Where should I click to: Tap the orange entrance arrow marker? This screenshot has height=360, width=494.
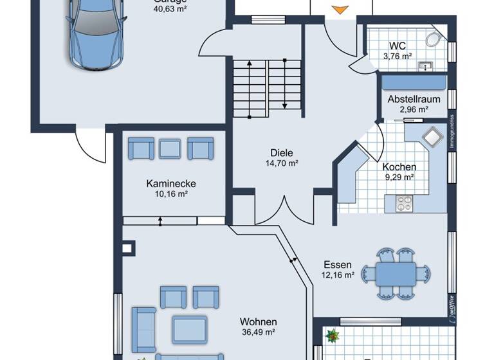click(x=338, y=9)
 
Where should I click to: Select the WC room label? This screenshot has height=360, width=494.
click(x=397, y=46)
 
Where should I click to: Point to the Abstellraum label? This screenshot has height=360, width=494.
click(x=414, y=99)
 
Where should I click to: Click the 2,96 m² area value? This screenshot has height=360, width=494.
click(x=414, y=109)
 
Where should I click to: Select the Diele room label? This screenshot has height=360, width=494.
click(x=282, y=153)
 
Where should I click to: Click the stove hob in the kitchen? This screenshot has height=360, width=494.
click(x=405, y=204)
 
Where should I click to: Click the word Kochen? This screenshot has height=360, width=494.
click(x=399, y=166)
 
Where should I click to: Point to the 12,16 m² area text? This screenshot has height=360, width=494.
click(x=338, y=275)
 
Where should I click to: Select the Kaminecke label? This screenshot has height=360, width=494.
click(x=170, y=183)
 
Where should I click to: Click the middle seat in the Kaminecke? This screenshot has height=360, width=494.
click(x=170, y=148)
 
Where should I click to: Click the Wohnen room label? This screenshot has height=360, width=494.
click(x=258, y=321)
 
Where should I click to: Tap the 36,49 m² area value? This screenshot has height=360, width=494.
click(x=258, y=332)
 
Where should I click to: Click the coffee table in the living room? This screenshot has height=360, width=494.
click(x=190, y=329)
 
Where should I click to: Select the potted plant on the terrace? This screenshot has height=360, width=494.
click(x=333, y=335)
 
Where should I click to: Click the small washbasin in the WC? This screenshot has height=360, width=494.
click(x=425, y=66)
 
